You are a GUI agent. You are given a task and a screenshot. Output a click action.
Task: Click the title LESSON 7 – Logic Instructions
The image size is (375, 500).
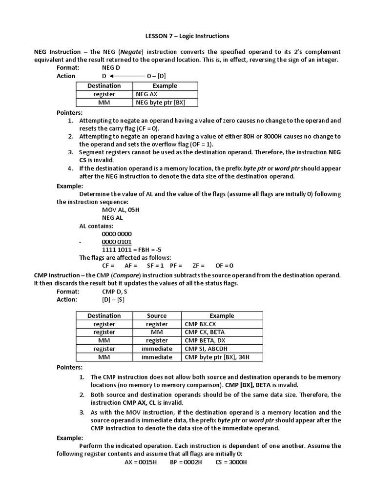(187, 36)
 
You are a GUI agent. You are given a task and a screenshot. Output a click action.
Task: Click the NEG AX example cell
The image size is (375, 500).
(147, 94)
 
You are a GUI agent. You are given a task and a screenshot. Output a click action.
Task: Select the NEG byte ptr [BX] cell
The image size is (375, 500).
(160, 102)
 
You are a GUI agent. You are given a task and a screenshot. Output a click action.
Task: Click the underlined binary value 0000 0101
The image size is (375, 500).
(116, 242)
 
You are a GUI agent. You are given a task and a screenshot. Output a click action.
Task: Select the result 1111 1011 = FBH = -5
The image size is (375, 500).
(131, 250)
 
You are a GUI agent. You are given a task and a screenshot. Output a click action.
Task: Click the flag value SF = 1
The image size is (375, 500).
(155, 266)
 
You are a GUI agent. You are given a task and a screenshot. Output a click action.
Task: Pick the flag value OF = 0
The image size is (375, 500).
(224, 266)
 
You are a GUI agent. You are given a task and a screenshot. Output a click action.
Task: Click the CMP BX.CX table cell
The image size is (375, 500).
(201, 324)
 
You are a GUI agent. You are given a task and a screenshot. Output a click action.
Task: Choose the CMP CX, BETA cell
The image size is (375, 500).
(205, 333)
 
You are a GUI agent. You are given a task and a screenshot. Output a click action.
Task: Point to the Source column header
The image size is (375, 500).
(157, 316)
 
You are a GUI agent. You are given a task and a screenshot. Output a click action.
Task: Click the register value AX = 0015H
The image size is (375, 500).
(141, 462)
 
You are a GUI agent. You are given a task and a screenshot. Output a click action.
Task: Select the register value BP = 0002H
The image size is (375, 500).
(186, 462)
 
